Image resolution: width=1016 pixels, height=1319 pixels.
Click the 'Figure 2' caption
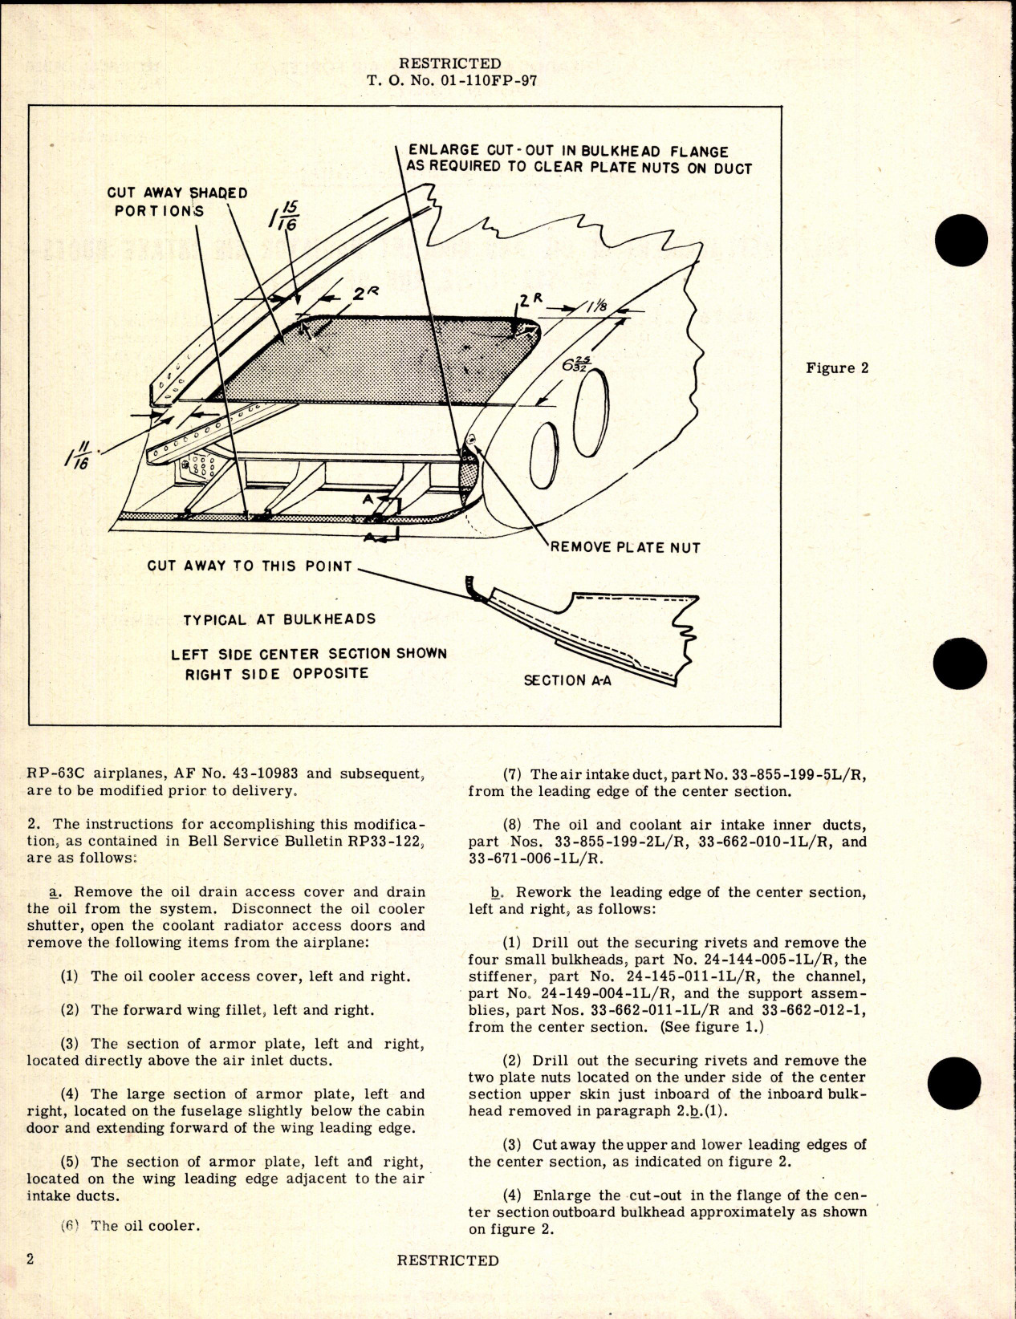click(837, 368)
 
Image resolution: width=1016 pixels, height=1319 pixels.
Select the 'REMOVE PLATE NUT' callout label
click(625, 547)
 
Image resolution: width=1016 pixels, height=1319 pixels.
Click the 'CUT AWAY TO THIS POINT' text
click(250, 566)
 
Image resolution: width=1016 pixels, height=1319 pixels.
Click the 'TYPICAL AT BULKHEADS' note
click(279, 619)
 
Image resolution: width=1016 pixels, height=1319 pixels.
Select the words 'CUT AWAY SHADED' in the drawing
click(177, 193)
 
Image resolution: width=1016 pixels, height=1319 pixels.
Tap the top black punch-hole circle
click(961, 244)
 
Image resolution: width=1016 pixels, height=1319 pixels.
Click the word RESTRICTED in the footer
click(447, 1260)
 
